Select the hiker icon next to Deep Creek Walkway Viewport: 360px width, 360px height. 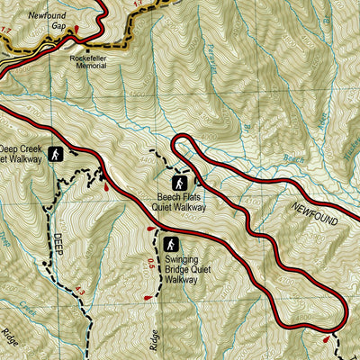click(x=56, y=154)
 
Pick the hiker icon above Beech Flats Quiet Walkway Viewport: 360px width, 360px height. click(x=179, y=184)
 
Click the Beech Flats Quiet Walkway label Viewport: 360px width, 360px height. click(x=179, y=202)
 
